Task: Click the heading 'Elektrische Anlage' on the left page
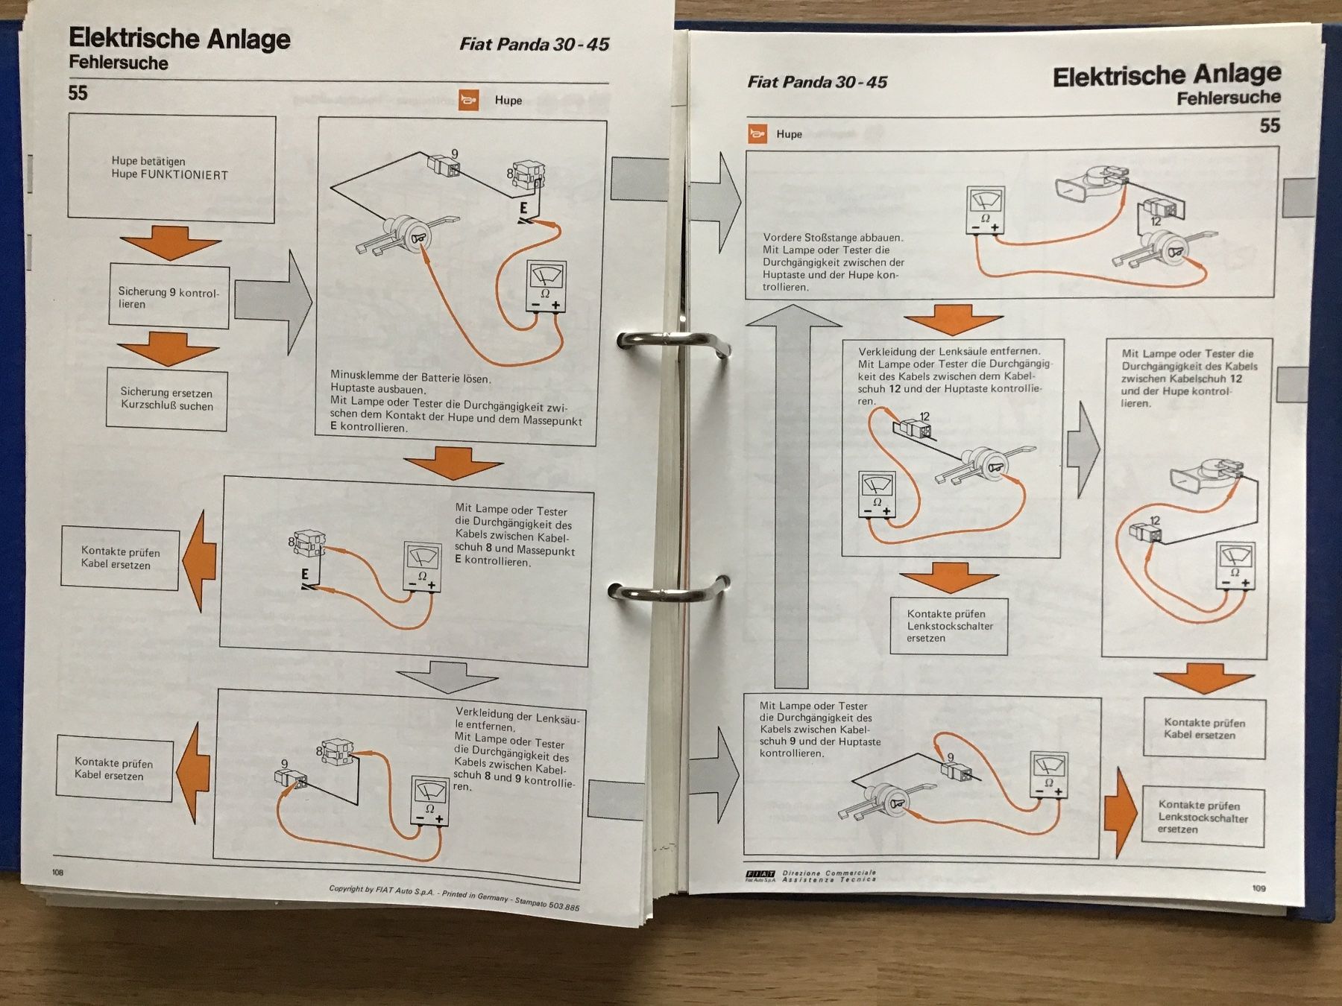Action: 180,39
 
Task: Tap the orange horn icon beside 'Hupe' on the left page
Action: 468,100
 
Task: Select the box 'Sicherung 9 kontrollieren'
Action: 169,296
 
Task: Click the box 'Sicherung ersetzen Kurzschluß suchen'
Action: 167,399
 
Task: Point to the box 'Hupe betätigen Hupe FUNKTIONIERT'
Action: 171,168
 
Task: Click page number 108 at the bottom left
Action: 58,873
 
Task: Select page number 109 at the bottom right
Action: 1258,888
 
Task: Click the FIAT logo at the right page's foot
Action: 760,876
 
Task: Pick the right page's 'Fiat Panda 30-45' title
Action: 817,82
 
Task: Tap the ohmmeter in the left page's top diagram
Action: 546,286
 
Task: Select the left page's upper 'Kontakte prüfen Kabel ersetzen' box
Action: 120,558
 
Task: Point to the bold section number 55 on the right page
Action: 1270,125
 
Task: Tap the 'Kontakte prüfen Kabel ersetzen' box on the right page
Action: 1204,728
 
